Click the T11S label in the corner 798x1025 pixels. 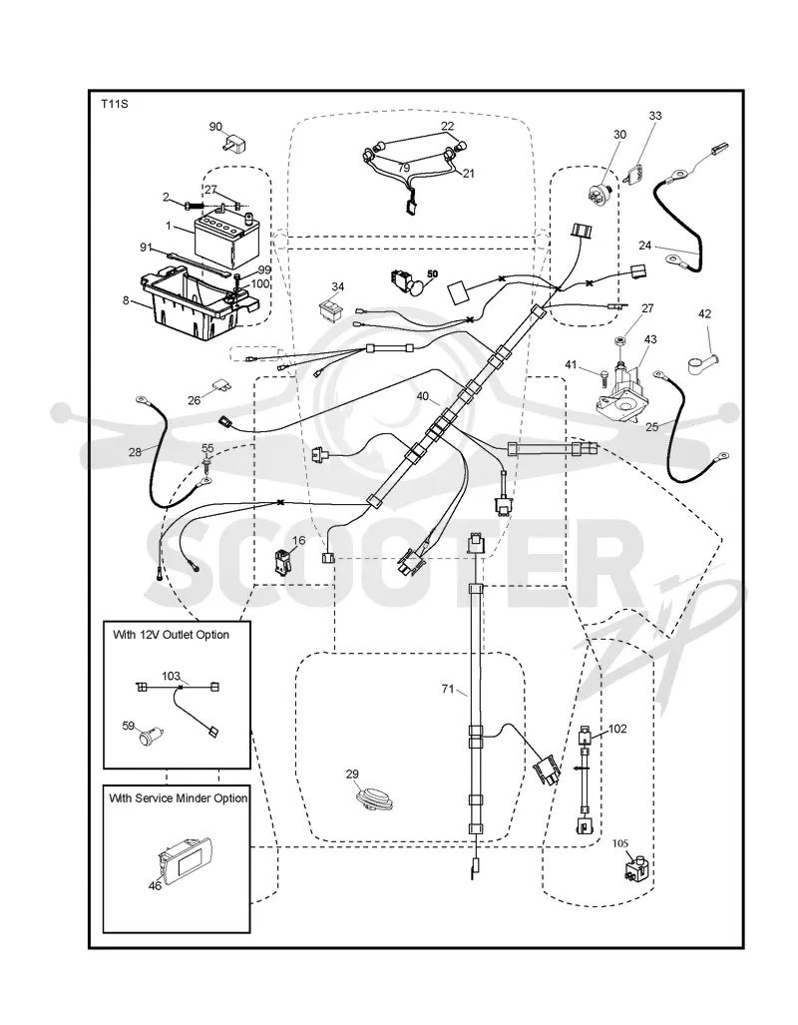pos(114,104)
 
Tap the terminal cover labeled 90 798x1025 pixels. pos(237,144)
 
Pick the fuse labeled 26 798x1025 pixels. pos(219,388)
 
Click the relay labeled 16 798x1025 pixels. pos(284,562)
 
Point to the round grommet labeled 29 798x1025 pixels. pos(372,799)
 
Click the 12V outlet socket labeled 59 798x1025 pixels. pos(151,738)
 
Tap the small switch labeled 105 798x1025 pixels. pos(635,870)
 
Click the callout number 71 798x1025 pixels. pos(448,689)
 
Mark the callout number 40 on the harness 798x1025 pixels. pos(422,396)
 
